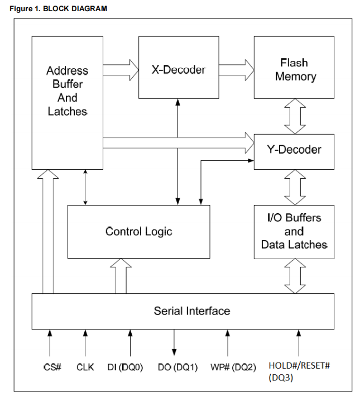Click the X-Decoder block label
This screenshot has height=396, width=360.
coord(179,70)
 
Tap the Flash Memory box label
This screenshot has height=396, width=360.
coord(295,70)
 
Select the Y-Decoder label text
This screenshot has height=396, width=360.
coord(294,150)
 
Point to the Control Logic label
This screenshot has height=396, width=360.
coord(139,232)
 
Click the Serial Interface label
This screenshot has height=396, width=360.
coord(192,311)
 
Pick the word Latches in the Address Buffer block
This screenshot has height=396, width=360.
coord(68,111)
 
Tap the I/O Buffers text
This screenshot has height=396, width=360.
coord(294,218)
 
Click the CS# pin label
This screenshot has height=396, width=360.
coord(52,367)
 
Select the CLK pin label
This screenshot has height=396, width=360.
coord(85,367)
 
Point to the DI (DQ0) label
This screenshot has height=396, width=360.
coord(125,367)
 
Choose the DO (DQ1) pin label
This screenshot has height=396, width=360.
coord(177,367)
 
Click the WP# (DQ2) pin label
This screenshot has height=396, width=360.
coord(233,367)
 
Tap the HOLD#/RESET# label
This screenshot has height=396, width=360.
coord(299,365)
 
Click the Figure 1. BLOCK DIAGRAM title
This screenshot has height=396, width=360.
coord(58,8)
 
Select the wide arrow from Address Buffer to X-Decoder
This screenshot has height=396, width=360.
coord(121,70)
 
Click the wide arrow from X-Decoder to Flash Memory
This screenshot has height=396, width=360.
coord(237,70)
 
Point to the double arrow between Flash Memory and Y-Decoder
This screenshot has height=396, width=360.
coord(295,116)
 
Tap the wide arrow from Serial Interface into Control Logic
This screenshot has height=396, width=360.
coord(121,276)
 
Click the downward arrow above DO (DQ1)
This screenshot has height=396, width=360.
coord(174,342)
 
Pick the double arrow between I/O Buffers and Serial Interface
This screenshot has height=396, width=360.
coord(295,276)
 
